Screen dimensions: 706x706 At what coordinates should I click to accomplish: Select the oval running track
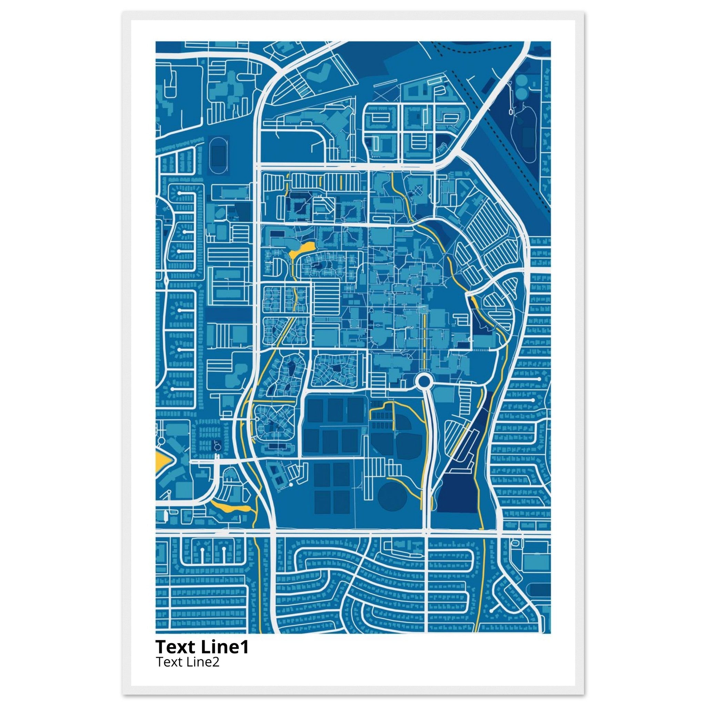pos(219,155)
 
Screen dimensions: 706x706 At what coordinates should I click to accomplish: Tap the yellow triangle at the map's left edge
pos(160,463)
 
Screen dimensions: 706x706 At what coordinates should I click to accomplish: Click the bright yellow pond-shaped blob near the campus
pos(302,249)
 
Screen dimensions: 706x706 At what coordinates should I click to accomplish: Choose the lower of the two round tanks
pos(523,93)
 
